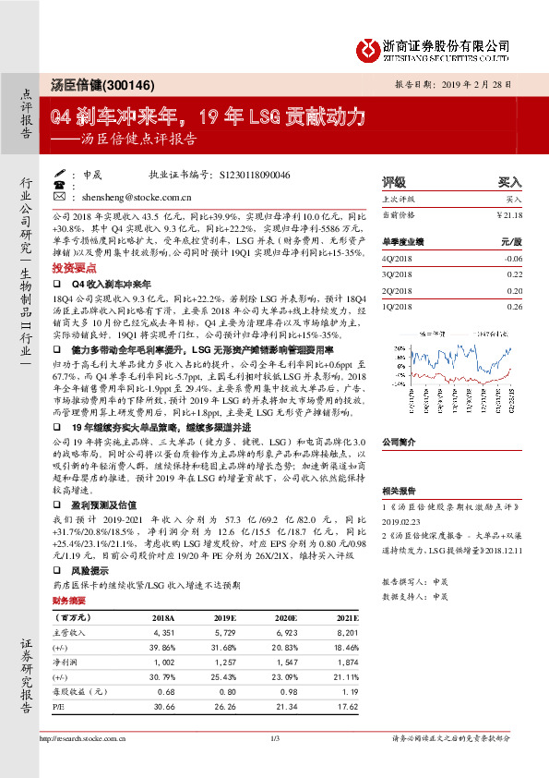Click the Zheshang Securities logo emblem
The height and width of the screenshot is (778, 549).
click(368, 45)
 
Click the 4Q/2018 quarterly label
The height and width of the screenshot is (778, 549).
click(399, 260)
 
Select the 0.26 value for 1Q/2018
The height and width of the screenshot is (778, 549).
click(514, 306)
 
